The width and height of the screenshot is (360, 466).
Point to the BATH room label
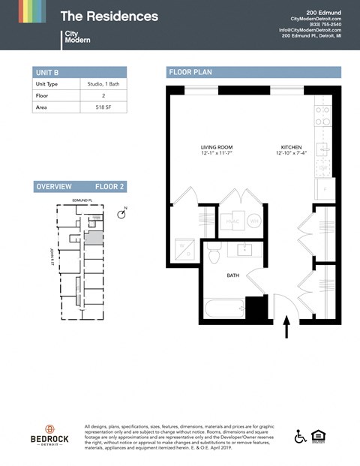[x=233, y=275]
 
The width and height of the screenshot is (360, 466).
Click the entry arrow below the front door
[x=286, y=327]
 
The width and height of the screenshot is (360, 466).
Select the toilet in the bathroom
[x=213, y=254]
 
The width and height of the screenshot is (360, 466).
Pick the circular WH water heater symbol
[x=253, y=222]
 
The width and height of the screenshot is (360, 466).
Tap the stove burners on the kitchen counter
[x=322, y=114]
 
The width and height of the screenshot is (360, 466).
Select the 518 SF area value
[x=94, y=107]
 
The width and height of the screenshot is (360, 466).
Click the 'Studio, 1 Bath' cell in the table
[x=94, y=84]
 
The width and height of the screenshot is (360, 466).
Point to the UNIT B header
[x=46, y=72]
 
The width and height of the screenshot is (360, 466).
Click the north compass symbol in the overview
[x=122, y=215]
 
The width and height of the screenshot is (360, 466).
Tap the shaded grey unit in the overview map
[x=94, y=238]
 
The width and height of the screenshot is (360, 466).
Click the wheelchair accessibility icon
[x=301, y=436]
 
